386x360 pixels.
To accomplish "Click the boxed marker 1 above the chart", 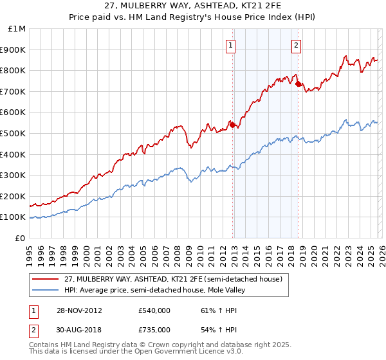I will (x=230, y=45).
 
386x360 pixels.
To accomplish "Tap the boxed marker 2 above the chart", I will (x=296, y=45).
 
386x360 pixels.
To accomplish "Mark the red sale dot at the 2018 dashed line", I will (x=298, y=84).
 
